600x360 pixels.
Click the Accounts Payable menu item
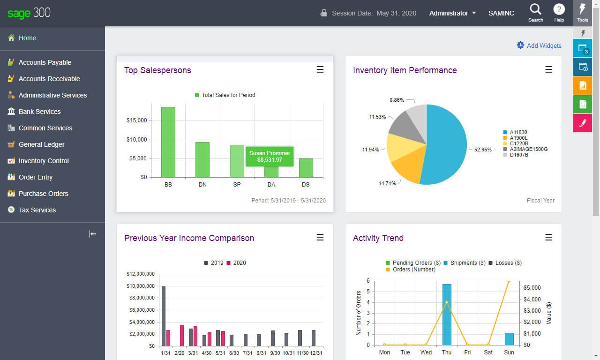45,62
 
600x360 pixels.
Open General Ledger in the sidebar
41,144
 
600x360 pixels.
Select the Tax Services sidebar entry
37,210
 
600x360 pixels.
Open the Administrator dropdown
452,13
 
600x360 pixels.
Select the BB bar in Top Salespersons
168,142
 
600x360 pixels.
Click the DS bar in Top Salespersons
306,168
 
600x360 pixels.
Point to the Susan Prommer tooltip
270,157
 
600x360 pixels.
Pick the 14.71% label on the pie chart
387,183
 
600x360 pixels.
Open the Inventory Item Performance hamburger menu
548,70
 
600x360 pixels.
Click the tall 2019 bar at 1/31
163,315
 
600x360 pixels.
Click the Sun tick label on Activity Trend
509,352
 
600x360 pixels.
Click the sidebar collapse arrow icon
93,234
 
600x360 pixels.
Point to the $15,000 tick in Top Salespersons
136,120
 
